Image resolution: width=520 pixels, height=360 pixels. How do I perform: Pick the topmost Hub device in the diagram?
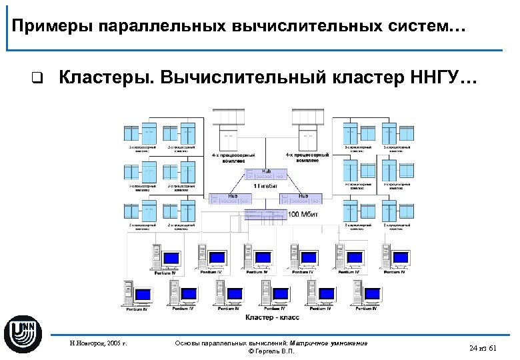click(x=266, y=174)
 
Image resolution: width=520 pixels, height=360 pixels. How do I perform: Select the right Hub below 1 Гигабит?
click(x=302, y=198)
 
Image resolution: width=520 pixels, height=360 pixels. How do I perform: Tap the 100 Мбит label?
click(x=301, y=215)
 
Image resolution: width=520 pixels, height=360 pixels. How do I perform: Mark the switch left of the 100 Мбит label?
click(x=264, y=214)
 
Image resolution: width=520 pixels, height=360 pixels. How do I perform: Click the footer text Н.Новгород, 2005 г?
click(x=98, y=345)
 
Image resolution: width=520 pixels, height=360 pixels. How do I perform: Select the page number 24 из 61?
click(x=484, y=348)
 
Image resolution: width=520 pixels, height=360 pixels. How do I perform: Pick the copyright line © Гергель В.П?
click(x=271, y=351)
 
